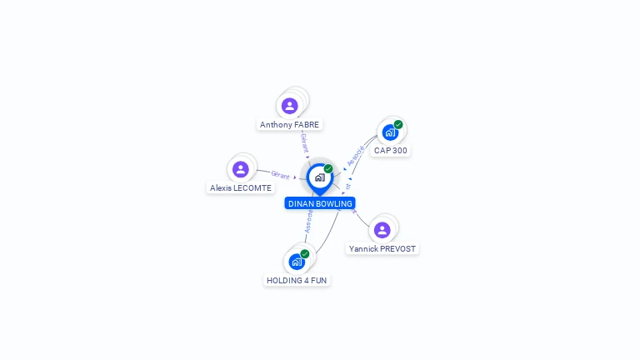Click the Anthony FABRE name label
click(289, 124)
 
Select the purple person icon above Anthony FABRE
click(289, 106)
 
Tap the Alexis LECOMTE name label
click(240, 187)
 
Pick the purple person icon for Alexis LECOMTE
click(241, 169)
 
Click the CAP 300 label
click(390, 150)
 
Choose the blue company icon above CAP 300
click(389, 132)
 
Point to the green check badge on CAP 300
click(398, 124)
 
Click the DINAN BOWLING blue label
click(320, 203)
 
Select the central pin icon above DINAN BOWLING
click(319, 177)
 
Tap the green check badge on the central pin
click(328, 168)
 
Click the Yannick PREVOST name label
click(382, 248)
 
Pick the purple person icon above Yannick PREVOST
click(382, 229)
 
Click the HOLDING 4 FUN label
click(297, 280)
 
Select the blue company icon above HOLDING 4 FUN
click(296, 262)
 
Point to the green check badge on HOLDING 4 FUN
click(305, 253)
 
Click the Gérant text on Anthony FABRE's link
click(304, 142)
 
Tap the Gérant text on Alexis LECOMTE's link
click(280, 175)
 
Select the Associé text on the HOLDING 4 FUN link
click(308, 222)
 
